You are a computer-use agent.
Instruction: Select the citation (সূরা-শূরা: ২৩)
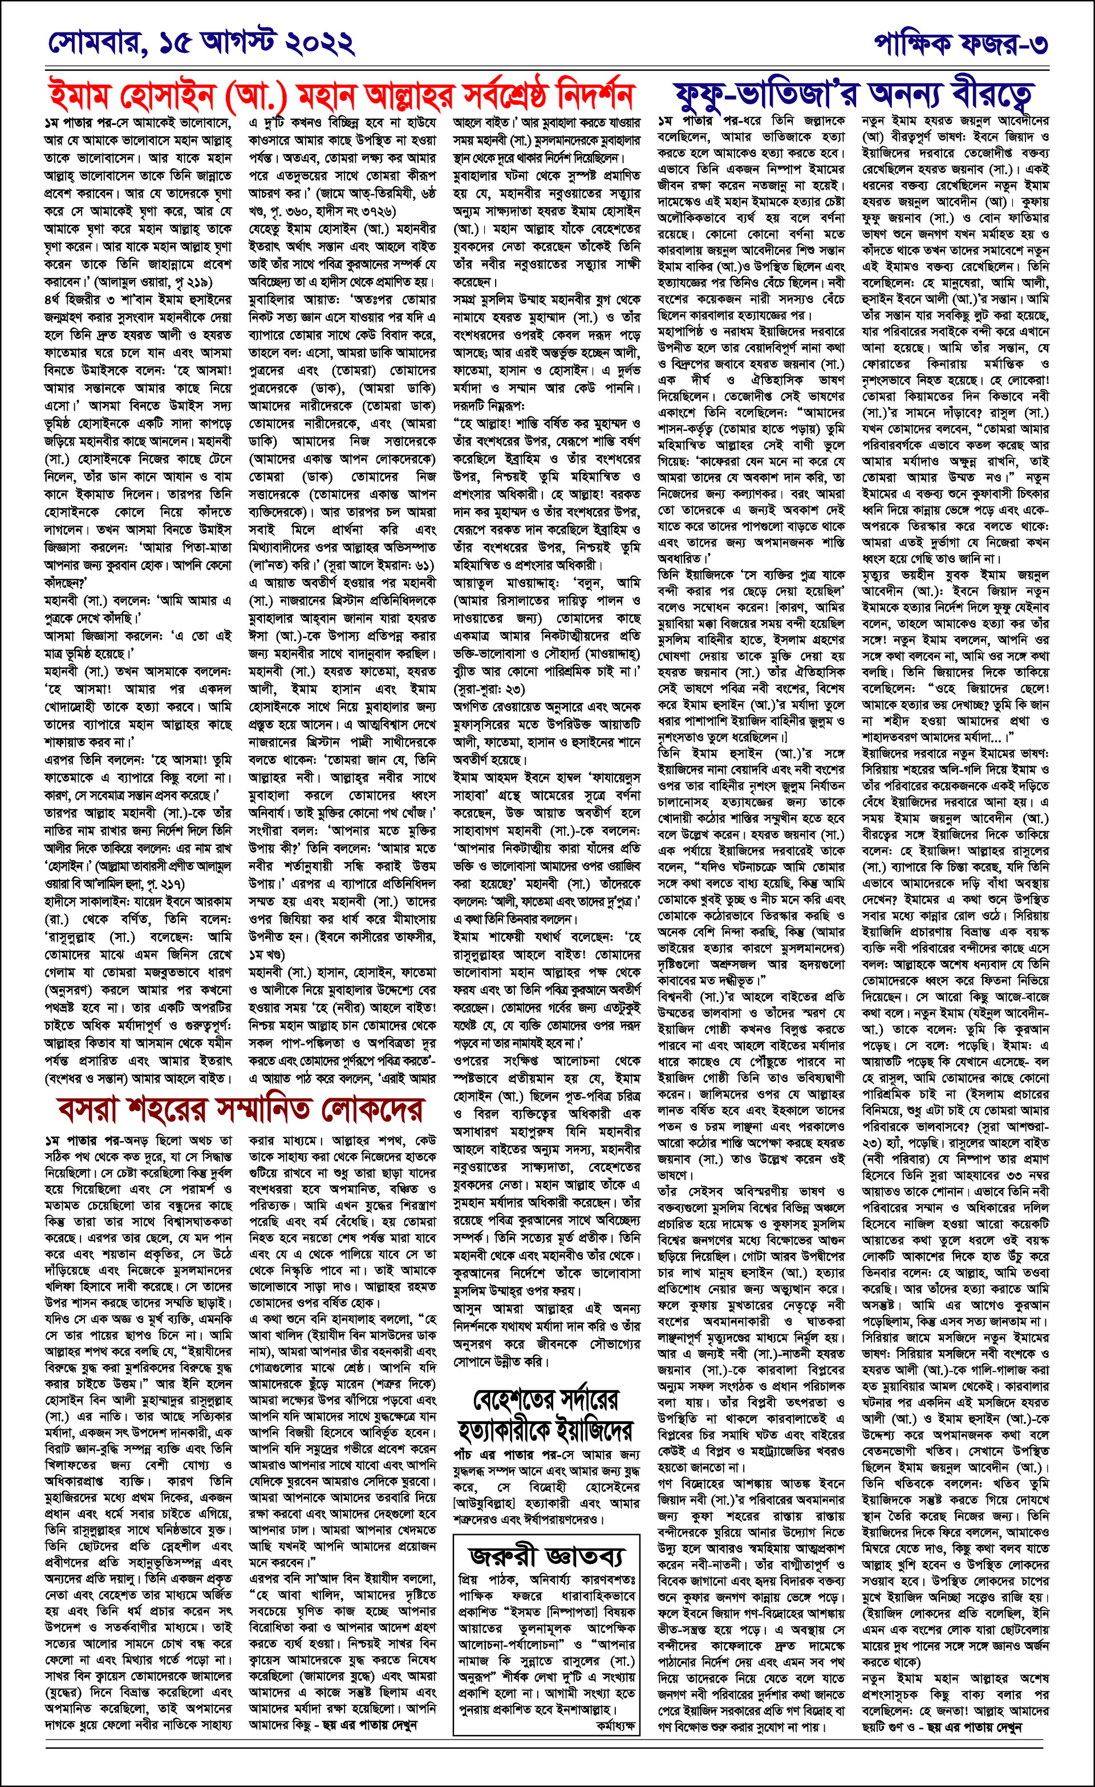click(489, 688)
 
